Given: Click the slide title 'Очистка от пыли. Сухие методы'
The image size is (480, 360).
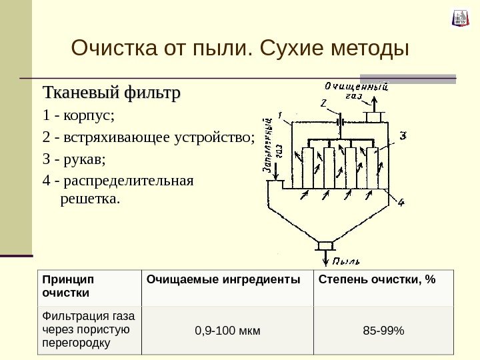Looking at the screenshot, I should coord(239,48).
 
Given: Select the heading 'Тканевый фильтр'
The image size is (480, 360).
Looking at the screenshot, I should coord(111,91).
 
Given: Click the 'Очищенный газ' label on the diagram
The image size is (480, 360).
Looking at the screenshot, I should coord(357,90).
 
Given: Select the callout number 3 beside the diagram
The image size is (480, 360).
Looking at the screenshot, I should coord(403,136).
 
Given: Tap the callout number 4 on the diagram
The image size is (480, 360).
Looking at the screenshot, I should coord(401,202).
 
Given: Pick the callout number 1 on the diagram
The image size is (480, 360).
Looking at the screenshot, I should coord(281,114).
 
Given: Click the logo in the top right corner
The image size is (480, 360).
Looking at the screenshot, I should coord(461,18).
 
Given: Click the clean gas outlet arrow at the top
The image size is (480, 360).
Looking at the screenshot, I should coord(375,104).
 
